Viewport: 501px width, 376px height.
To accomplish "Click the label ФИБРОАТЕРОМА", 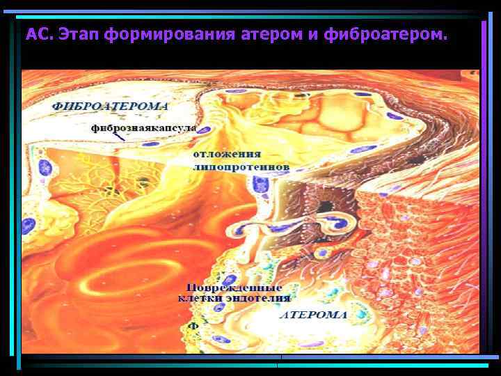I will [111, 107].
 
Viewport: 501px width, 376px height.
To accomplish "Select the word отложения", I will [228, 154].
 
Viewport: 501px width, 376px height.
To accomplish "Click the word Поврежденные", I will [234, 288].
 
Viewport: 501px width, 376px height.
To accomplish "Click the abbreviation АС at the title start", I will [38, 33].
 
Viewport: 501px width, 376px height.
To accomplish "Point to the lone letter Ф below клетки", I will [195, 325].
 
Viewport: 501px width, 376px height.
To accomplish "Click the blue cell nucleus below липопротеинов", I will [261, 185].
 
